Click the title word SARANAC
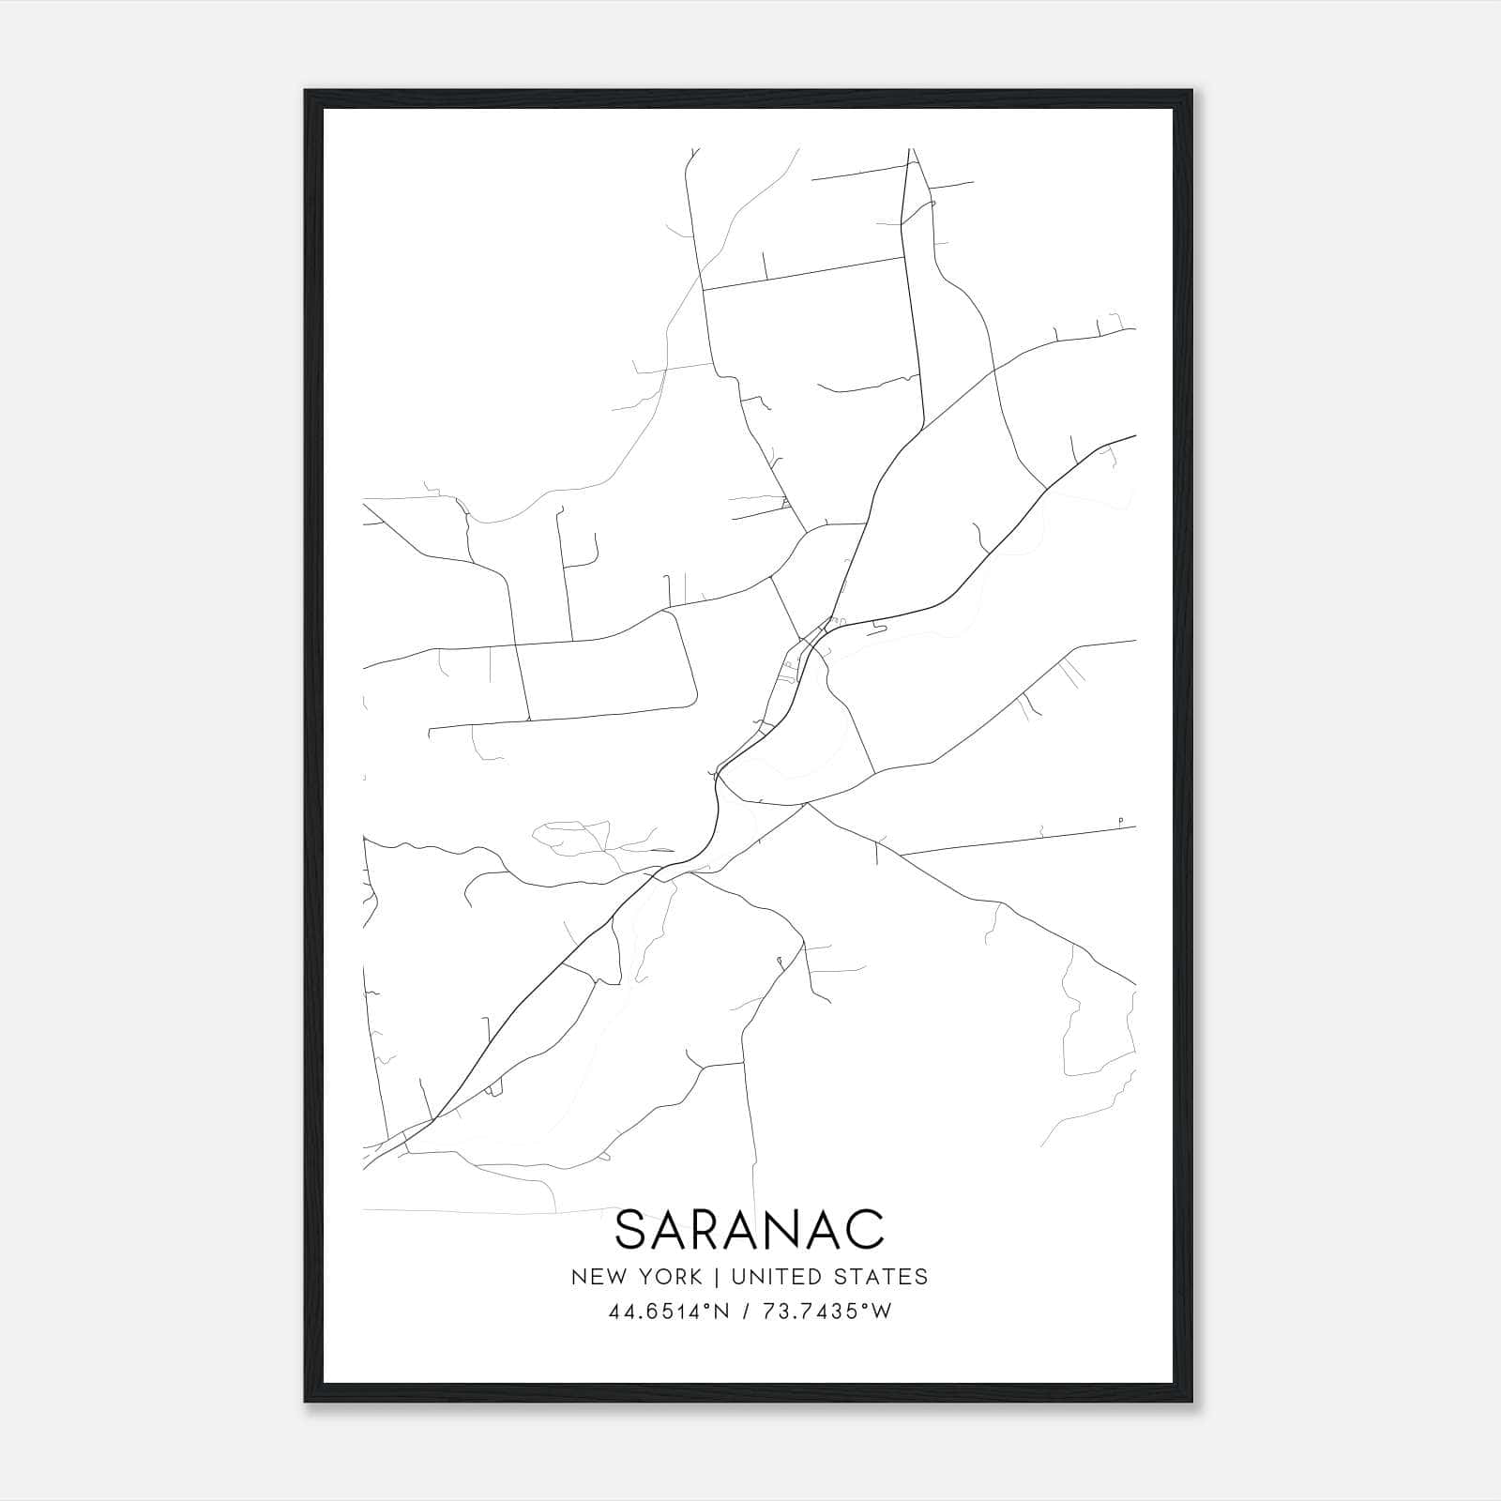tap(750, 1230)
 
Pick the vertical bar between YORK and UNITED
tap(716, 1277)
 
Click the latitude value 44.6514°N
tap(669, 1311)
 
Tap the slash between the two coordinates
tap(746, 1311)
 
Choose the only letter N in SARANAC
tap(791, 1230)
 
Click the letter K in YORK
tap(695, 1277)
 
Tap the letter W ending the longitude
tap(882, 1311)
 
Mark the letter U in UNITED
tap(737, 1277)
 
